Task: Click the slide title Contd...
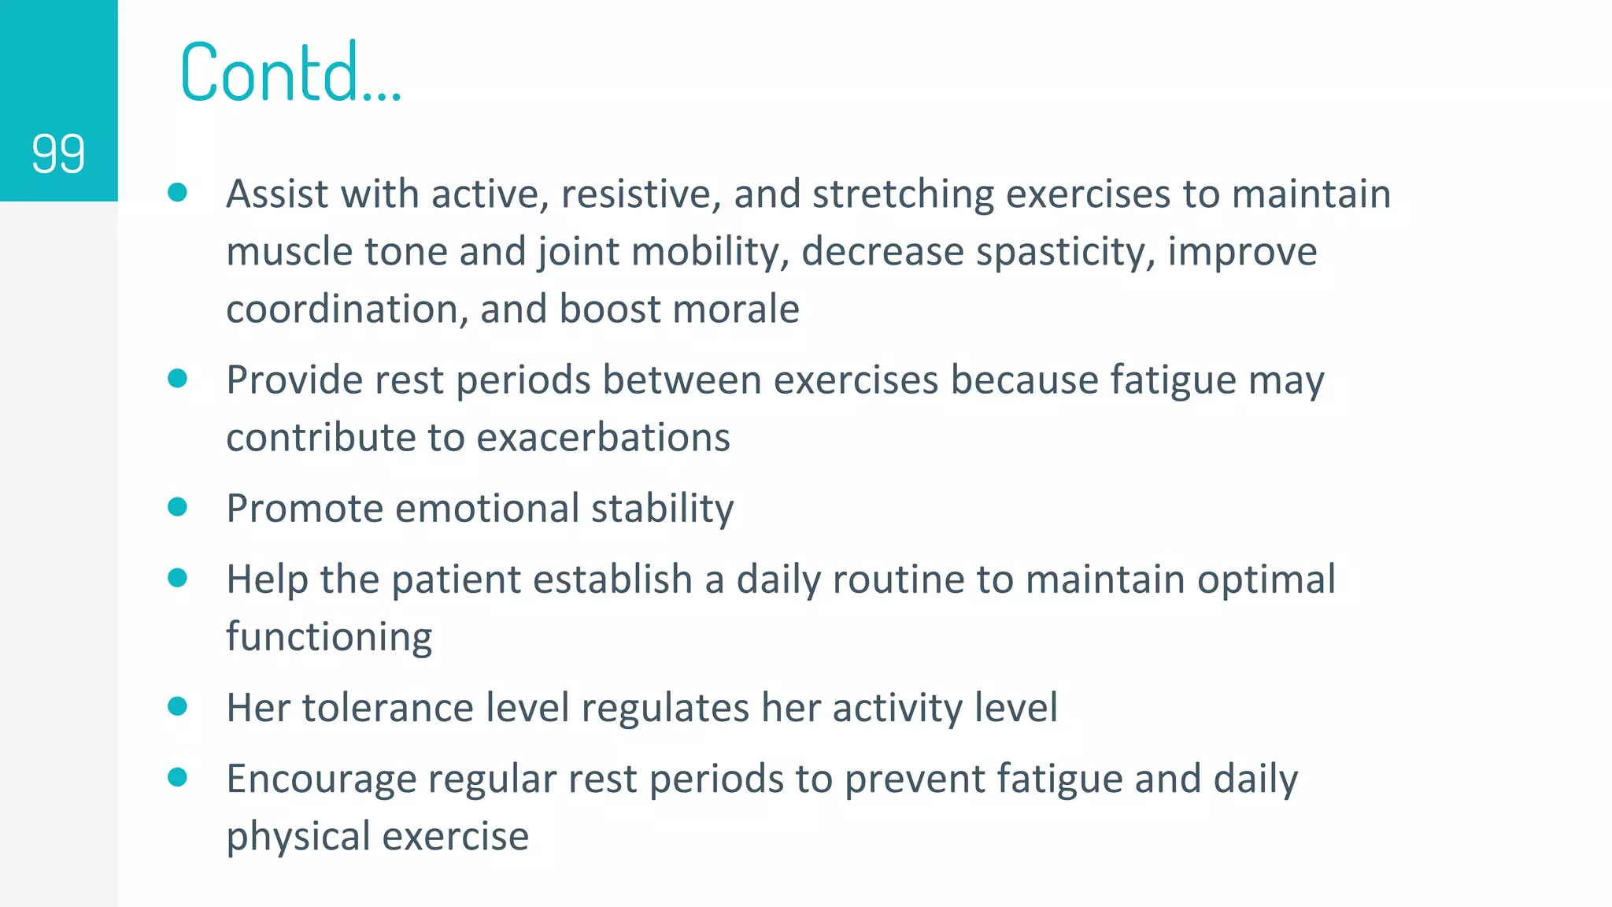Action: point(290,72)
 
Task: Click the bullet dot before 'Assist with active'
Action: point(178,192)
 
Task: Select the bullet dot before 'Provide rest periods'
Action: point(178,379)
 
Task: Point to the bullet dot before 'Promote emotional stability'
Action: point(178,506)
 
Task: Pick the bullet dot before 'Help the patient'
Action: point(178,578)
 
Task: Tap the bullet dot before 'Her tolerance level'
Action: point(178,706)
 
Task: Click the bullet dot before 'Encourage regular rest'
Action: point(178,777)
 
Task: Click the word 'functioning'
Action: point(329,637)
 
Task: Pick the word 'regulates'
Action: point(664,707)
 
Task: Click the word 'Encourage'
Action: point(321,779)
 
